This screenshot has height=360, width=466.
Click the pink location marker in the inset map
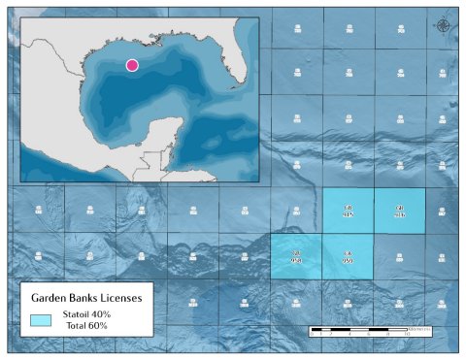[x=132, y=65]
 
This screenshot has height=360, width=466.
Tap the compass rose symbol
[x=444, y=25]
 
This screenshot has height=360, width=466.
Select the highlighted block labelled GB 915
[x=349, y=212]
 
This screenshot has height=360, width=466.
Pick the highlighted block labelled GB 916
[x=400, y=212]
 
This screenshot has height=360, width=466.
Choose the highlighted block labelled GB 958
[x=296, y=257]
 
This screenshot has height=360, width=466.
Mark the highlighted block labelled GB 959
[x=348, y=257]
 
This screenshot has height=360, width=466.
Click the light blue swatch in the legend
[x=41, y=318]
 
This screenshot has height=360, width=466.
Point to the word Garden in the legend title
[x=51, y=297]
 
